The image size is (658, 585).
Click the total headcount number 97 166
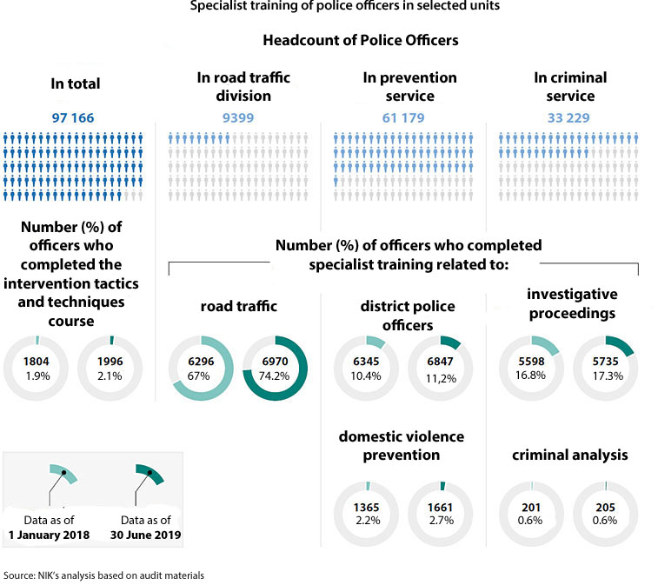coord(73,117)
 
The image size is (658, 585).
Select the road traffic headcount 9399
coord(236,117)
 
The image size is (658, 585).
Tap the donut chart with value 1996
coord(111,367)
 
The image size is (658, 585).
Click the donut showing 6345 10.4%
coord(366,368)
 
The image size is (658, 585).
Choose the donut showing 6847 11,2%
coord(440,368)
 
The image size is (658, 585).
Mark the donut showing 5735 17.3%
coord(606,368)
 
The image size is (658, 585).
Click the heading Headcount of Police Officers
coord(361,40)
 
